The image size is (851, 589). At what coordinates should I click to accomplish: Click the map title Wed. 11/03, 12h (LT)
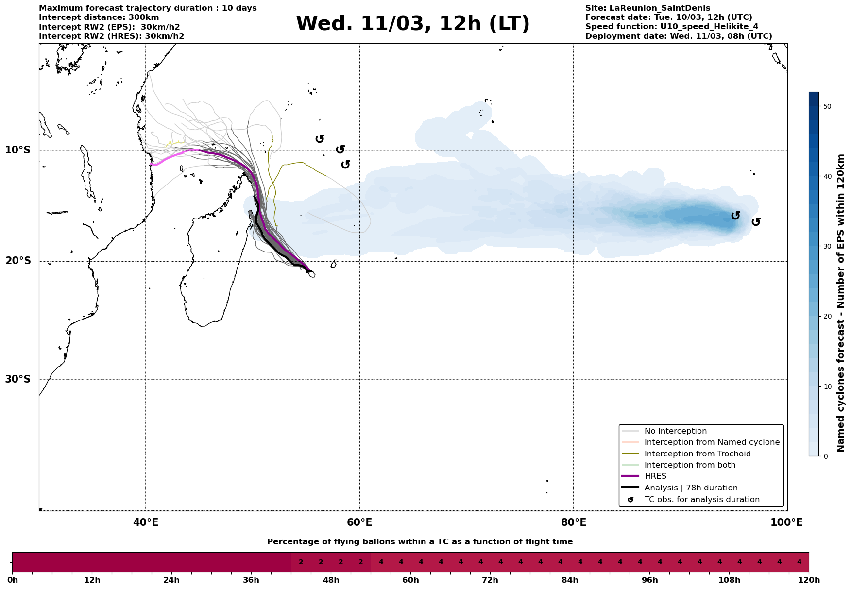point(412,24)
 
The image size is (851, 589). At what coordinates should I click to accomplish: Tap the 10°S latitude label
point(18,150)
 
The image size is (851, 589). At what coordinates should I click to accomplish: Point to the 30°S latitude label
point(18,379)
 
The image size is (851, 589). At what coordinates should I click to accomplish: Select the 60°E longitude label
point(359,522)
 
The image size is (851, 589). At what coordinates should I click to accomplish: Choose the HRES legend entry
point(655,476)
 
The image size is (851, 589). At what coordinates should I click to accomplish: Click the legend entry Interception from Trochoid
point(697,454)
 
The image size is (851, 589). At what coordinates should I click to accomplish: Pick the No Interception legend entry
point(675,431)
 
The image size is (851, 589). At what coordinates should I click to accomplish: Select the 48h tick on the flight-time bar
point(331,580)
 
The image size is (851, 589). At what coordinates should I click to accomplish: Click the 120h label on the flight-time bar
point(809,580)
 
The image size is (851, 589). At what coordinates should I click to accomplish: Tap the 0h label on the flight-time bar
point(13,580)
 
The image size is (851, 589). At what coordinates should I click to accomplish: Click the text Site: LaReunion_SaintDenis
point(647,8)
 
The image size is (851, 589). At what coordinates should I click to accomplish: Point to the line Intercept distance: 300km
point(99,17)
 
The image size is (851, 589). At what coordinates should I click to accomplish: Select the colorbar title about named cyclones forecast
point(841,303)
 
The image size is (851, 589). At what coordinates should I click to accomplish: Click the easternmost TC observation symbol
point(756,222)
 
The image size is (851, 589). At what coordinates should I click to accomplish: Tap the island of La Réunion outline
point(311,274)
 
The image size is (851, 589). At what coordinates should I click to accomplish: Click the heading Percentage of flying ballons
point(420,542)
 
